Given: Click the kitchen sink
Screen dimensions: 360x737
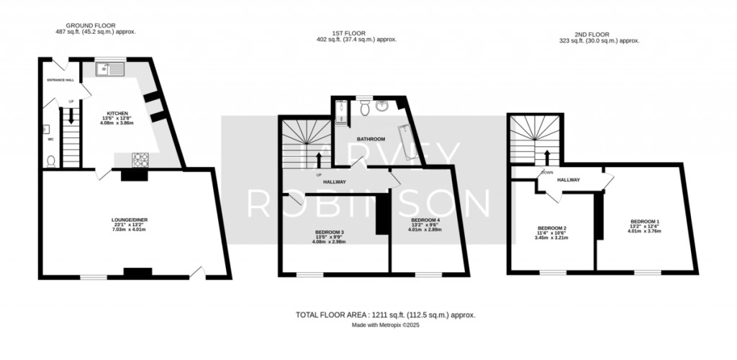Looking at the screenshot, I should [x=110, y=69].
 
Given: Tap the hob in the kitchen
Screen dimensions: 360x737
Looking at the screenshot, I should [x=139, y=158].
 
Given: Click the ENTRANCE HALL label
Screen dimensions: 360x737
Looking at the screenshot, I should [x=60, y=80].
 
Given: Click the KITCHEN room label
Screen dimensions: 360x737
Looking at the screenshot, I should [x=117, y=113].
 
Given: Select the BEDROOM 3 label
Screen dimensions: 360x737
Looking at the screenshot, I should [x=329, y=232].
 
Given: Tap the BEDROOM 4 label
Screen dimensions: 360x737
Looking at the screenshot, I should [x=425, y=220].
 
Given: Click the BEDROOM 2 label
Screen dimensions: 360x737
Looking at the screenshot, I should [x=552, y=228].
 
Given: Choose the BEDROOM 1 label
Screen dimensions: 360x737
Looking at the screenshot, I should [x=645, y=221].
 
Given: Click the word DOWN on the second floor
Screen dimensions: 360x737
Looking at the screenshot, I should [x=547, y=172].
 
